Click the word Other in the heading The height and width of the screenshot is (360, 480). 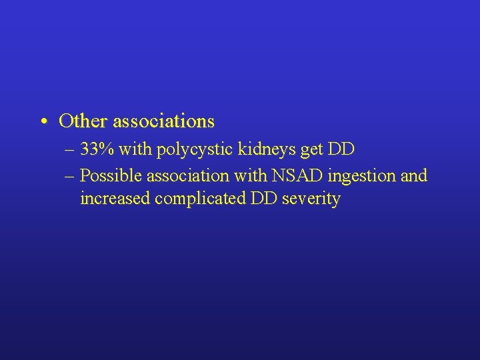pos(83,121)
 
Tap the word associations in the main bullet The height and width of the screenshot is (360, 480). pos(163,121)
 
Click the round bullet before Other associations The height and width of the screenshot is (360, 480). pos(42,122)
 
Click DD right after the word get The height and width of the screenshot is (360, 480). pos(341,150)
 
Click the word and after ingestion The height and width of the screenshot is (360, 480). pos(413,175)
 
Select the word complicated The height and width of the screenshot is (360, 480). pos(200,199)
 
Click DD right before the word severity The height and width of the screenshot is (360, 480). pos(264,198)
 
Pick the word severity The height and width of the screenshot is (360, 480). pos(310,199)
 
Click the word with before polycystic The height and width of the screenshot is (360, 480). pos(138,150)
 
